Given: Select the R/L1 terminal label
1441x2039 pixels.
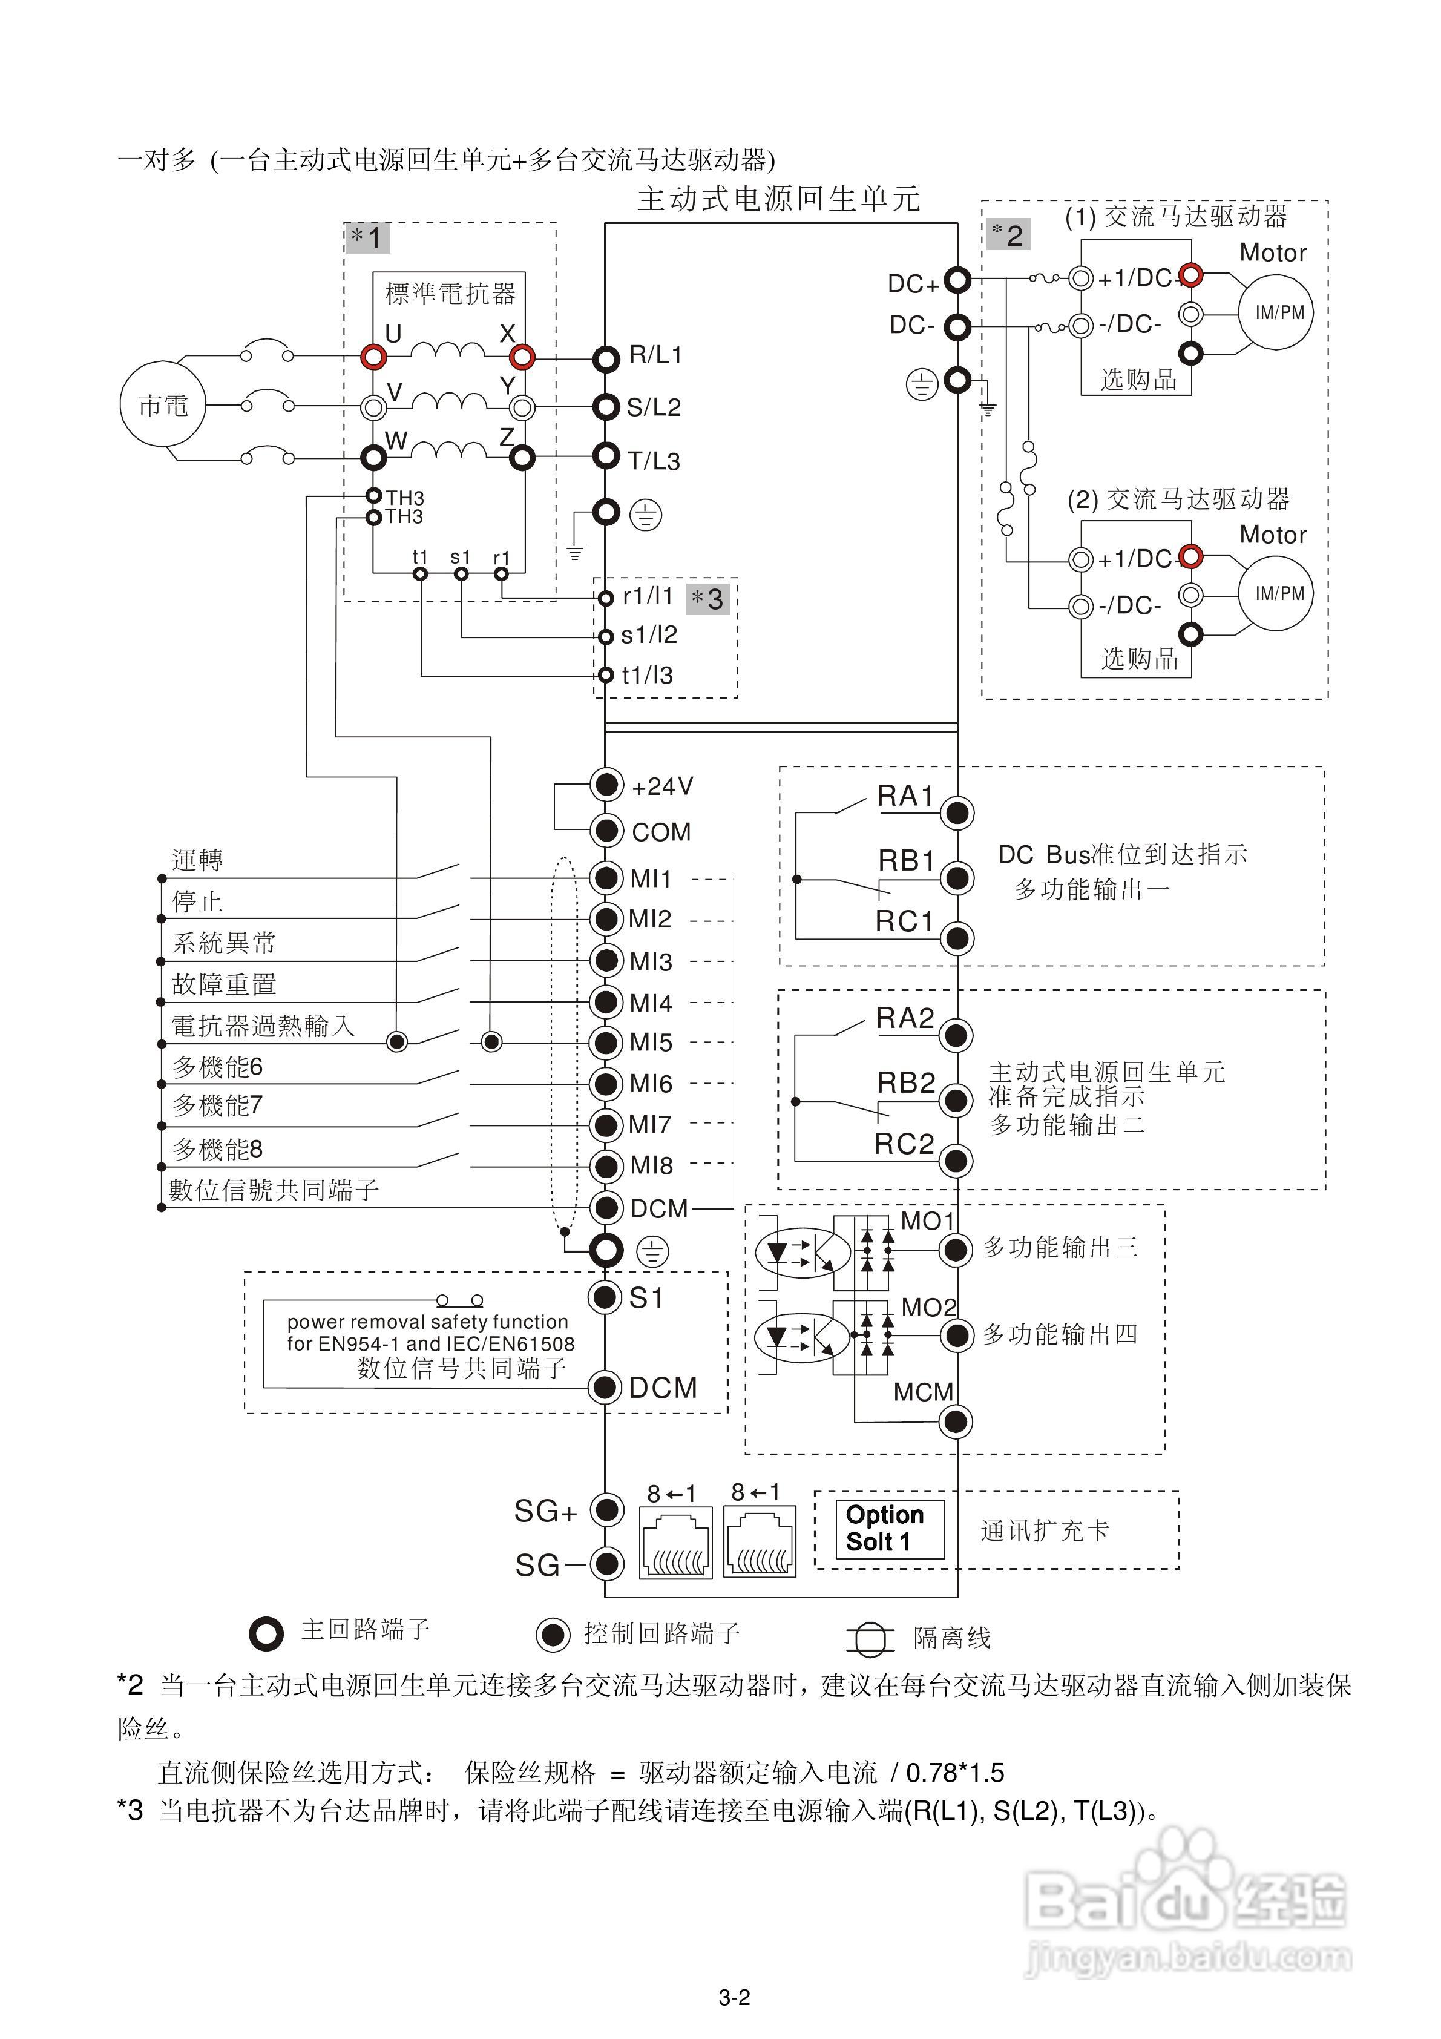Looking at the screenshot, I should point(655,355).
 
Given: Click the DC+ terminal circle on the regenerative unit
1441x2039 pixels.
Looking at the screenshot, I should point(957,281).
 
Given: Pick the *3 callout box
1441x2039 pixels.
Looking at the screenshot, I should point(707,599).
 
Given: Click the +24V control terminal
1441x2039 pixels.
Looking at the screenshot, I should point(606,785).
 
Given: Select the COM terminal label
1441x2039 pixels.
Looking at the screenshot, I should point(660,832).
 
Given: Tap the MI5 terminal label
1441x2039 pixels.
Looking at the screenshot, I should point(651,1043).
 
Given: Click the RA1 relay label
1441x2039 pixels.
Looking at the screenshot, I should point(905,796).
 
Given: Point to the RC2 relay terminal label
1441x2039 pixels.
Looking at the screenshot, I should point(904,1144).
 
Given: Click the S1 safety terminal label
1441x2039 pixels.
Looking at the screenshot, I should point(646,1299).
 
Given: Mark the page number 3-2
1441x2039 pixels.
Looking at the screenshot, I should point(734,1997).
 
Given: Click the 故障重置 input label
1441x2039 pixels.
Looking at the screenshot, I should point(224,984).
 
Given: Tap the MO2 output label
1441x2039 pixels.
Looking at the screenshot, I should point(928,1307).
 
